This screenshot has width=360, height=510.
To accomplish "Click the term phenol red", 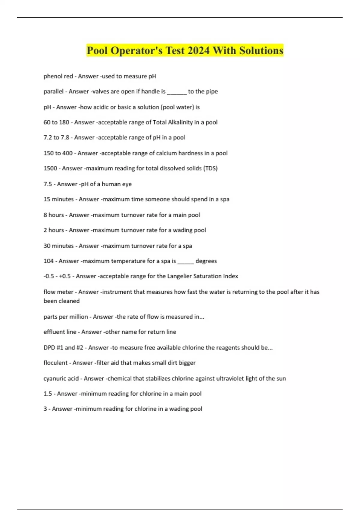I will [58, 76].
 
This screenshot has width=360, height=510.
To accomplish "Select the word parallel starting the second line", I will [53, 91].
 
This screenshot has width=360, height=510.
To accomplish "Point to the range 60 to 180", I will [56, 122].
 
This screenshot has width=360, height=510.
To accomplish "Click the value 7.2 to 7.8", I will [56, 137].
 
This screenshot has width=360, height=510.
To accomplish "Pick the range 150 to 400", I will [58, 153].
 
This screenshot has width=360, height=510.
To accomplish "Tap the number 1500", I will [50, 168].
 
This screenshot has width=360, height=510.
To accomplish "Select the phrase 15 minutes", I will [58, 199].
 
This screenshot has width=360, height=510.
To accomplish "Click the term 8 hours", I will [54, 215].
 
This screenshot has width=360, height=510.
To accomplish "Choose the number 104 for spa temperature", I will [49, 261].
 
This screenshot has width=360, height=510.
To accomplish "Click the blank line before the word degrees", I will [186, 262].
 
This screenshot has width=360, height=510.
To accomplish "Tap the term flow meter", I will [58, 292].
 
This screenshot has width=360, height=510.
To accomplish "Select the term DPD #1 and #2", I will [63, 347].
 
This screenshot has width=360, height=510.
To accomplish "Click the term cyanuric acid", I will [61, 378].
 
